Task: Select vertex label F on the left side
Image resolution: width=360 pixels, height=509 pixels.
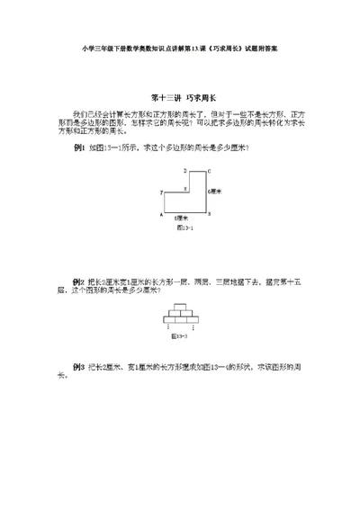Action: pos(161,191)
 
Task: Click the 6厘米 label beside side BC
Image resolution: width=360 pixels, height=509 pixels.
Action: pos(217,192)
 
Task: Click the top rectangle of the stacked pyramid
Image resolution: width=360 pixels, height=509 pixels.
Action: pos(180,308)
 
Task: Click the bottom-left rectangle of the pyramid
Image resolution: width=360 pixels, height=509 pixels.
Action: pos(169,319)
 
